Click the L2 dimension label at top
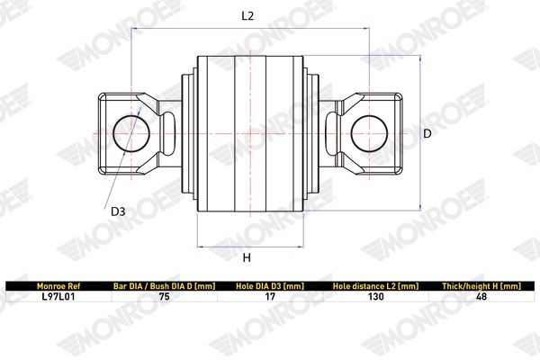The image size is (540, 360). (x=247, y=16)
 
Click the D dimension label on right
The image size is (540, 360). (x=428, y=132)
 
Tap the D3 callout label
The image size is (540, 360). (x=118, y=212)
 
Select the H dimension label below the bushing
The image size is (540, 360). (x=246, y=258)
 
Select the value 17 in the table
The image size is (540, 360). (x=269, y=295)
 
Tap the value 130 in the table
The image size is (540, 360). (x=375, y=295)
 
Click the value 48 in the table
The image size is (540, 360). (x=481, y=295)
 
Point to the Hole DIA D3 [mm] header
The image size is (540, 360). (x=269, y=285)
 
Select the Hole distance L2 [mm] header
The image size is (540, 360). (x=375, y=285)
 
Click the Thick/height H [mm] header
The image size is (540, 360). (x=481, y=285)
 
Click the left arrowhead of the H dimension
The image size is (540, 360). (x=199, y=246)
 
